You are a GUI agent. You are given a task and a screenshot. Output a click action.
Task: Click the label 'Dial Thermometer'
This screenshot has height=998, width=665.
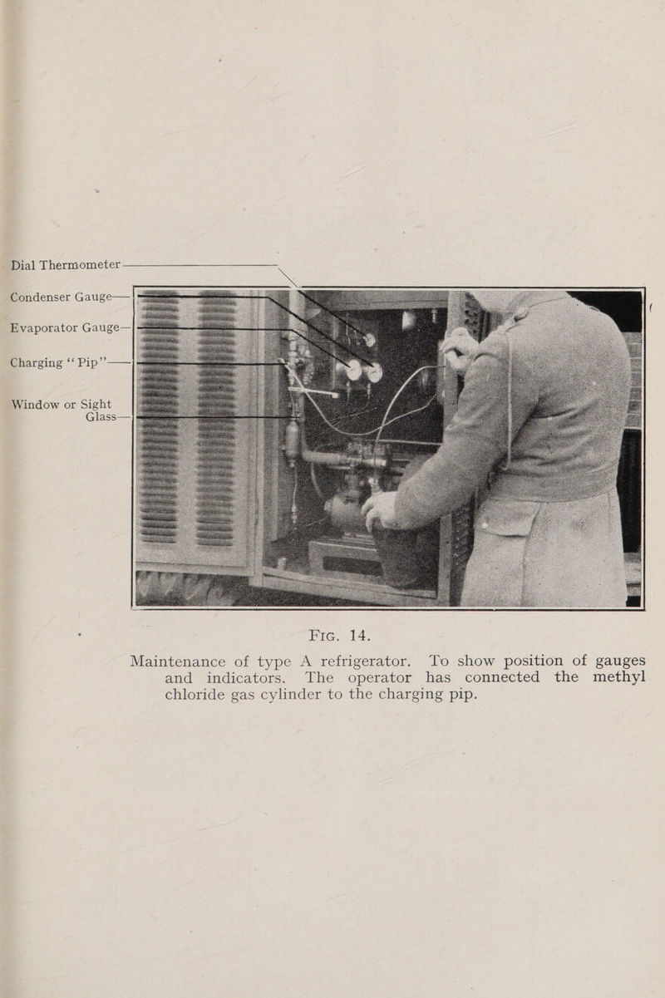(66, 266)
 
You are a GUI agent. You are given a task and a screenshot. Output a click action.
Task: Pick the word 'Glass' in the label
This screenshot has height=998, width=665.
(103, 418)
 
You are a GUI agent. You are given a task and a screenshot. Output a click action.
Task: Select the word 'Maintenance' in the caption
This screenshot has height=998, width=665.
(189, 662)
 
